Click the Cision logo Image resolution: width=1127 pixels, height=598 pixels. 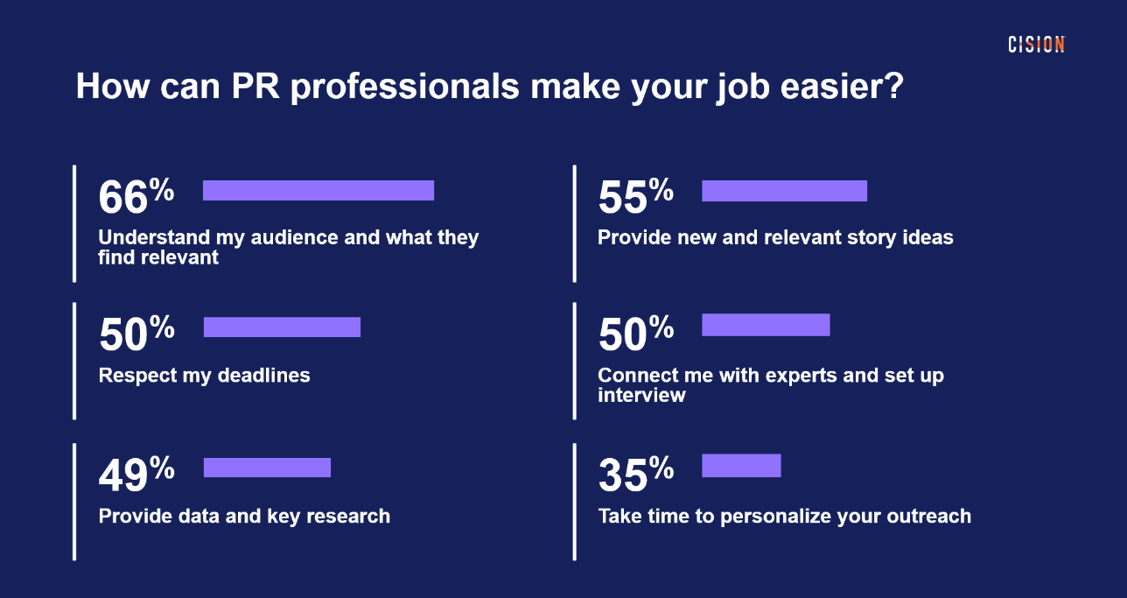point(1036,45)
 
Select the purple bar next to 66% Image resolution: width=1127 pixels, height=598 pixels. point(318,190)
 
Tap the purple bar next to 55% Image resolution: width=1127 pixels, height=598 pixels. point(784,191)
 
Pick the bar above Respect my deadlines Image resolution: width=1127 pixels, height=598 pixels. point(283,327)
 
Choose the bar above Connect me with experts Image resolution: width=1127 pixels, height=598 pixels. point(766,325)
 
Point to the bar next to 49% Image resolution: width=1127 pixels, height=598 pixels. point(267,468)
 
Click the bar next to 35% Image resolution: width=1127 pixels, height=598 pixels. point(742,466)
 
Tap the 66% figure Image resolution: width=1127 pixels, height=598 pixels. point(136,196)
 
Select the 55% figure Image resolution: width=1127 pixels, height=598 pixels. point(636,196)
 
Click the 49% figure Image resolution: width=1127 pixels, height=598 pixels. point(136,475)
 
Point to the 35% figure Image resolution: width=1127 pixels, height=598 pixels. point(636,475)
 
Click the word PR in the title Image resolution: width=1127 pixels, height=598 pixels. point(255,86)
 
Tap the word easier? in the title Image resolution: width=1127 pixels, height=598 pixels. point(843,86)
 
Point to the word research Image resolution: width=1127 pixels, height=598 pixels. point(348,516)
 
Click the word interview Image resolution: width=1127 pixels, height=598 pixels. point(641,395)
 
